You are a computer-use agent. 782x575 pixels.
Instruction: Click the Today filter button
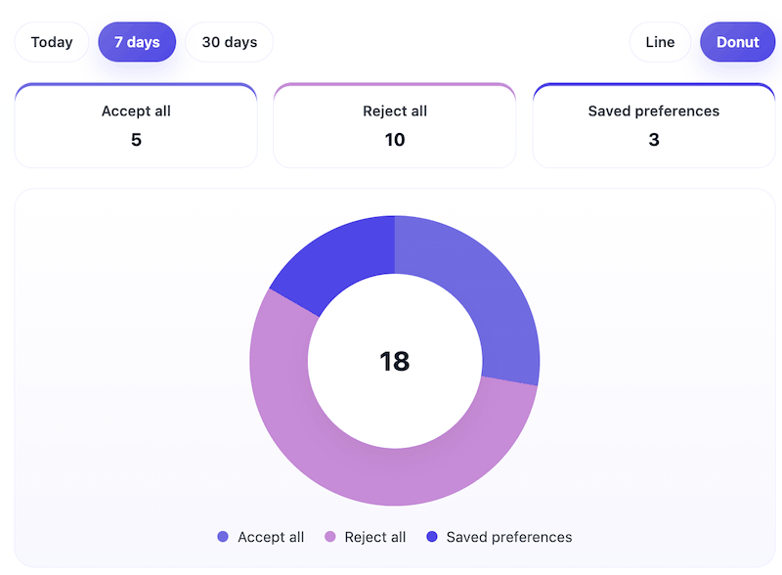point(52,42)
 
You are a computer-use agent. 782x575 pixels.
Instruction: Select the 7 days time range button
point(137,42)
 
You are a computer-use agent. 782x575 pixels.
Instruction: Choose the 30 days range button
point(229,42)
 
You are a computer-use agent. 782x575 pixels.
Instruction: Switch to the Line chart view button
point(660,42)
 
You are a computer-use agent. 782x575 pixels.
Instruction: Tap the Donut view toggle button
point(737,42)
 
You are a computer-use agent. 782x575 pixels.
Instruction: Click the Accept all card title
point(136,111)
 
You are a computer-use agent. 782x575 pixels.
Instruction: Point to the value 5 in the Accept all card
point(136,140)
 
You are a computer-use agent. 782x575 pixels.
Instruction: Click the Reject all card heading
point(394,111)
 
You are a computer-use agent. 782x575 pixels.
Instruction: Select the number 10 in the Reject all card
point(394,140)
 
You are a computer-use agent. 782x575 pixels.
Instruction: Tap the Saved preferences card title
point(653,111)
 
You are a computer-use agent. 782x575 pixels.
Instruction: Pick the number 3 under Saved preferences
point(653,140)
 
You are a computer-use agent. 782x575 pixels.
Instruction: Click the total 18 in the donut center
point(394,361)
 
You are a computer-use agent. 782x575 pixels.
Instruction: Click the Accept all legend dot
point(223,537)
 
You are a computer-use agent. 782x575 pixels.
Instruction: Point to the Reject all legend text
point(375,537)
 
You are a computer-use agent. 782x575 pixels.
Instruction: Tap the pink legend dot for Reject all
point(330,537)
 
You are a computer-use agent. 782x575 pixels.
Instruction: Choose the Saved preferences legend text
point(508,537)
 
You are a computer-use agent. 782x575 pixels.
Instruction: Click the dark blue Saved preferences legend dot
point(431,537)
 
